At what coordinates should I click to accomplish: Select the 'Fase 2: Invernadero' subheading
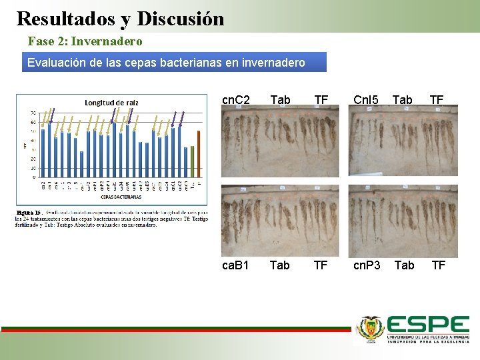click(85, 41)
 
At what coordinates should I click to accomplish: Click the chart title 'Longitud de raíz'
click(112, 102)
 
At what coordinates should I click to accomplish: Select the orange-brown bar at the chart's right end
click(199, 153)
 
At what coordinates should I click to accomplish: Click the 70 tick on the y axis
click(33, 113)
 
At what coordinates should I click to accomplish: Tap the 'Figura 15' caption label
click(29, 213)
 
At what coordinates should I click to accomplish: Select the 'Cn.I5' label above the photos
click(365, 100)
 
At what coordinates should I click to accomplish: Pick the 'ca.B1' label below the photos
click(235, 265)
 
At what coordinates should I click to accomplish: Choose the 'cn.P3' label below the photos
click(367, 265)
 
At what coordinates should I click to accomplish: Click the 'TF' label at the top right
click(437, 100)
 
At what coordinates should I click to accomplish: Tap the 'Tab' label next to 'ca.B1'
click(279, 265)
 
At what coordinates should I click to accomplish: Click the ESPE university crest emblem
click(370, 328)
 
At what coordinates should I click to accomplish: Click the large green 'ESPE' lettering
click(428, 325)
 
